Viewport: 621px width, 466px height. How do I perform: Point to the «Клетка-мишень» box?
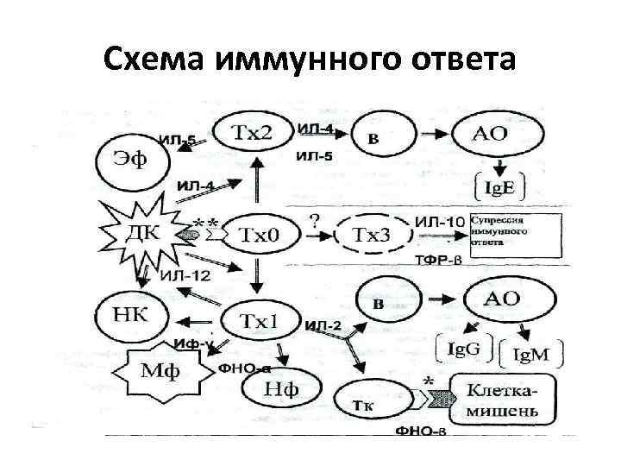(506, 400)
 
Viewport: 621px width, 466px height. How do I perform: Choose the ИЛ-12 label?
(185, 276)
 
